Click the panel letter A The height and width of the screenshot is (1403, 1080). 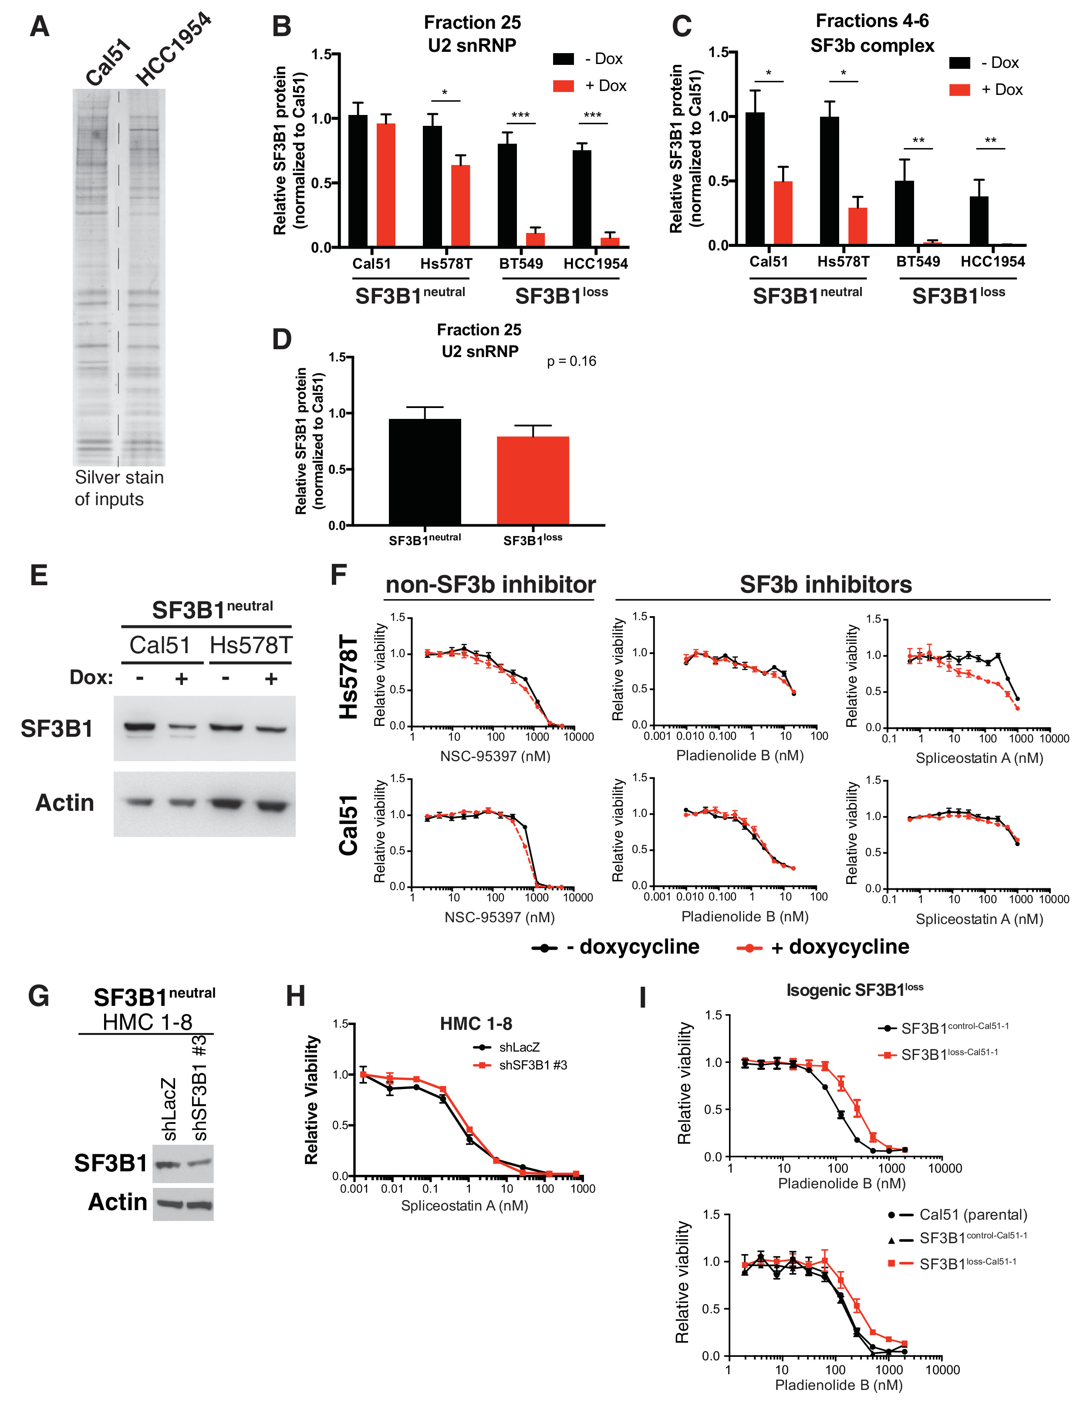tap(39, 27)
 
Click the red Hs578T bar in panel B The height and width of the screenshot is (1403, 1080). tap(460, 206)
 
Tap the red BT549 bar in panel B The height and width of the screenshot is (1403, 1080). tap(535, 239)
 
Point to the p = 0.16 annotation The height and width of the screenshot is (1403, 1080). tap(571, 362)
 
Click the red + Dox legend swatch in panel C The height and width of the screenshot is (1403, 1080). tap(959, 90)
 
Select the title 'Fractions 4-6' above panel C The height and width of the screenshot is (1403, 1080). tap(872, 21)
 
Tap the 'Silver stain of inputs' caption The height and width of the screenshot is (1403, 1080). tap(119, 488)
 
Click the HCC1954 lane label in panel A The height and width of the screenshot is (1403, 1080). tap(172, 50)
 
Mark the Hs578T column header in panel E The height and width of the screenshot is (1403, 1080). tap(250, 645)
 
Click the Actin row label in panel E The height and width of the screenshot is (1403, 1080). tap(64, 803)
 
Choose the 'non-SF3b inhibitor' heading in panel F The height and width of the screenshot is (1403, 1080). tap(490, 584)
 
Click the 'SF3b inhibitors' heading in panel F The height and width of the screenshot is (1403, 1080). tap(826, 584)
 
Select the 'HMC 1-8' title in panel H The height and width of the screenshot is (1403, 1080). tap(476, 1024)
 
